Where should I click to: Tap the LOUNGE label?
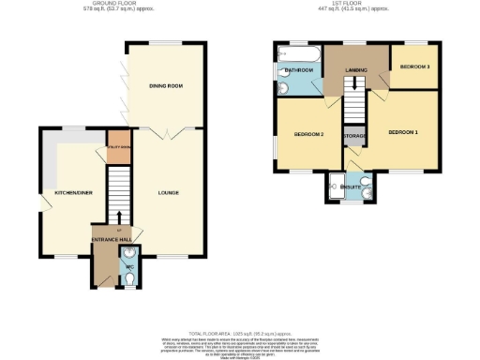tap(169, 193)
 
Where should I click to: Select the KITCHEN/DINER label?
tap(72, 192)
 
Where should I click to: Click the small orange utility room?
tap(117, 149)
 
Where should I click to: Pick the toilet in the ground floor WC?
tap(128, 277)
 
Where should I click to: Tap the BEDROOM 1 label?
tap(403, 131)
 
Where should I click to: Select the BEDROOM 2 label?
tap(308, 135)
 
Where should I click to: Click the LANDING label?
tap(355, 69)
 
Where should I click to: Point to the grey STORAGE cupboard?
tap(354, 137)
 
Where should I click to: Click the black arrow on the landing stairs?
tap(354, 85)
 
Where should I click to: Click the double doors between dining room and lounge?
tap(167, 136)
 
